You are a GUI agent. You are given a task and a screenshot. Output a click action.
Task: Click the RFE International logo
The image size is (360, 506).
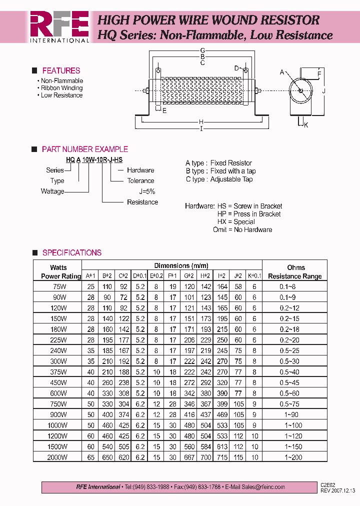[59, 26]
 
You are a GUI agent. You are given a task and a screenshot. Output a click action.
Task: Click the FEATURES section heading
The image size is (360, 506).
[61, 71]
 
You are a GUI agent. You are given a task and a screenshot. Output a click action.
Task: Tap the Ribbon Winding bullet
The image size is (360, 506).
[61, 88]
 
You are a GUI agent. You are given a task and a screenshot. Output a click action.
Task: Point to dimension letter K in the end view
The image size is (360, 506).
[306, 125]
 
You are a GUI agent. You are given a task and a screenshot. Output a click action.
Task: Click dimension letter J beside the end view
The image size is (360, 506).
[324, 91]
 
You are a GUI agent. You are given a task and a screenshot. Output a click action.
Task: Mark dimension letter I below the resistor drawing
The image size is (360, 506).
[201, 129]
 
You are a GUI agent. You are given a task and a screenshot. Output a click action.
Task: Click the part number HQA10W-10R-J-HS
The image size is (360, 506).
[94, 159]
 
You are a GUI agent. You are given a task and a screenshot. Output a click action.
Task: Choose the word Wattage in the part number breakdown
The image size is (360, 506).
[52, 191]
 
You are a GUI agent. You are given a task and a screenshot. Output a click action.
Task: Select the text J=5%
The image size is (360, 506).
[147, 191]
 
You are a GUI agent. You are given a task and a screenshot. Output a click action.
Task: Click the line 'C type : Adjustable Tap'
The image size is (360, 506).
[219, 179]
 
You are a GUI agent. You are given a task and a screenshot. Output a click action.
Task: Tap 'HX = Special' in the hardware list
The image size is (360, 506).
[236, 222]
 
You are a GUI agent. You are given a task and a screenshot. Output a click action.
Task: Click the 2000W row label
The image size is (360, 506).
[58, 457]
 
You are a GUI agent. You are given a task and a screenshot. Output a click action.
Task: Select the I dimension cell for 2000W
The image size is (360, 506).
[222, 457]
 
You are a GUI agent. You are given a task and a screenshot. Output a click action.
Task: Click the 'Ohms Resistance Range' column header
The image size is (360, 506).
[295, 272]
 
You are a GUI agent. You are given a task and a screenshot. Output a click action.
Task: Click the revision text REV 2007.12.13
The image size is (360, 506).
[338, 490]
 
